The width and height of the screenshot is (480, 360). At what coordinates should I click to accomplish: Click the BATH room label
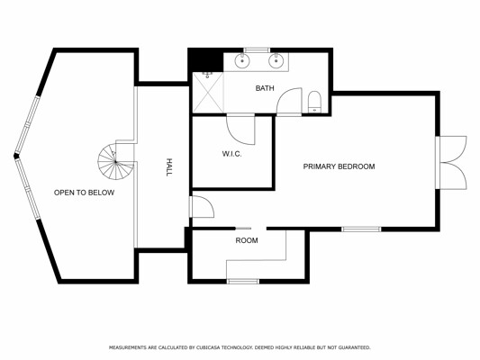coord(265,88)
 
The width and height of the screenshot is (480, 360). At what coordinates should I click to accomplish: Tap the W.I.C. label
coord(231,154)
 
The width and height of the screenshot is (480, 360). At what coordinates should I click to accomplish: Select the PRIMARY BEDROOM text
coord(339,166)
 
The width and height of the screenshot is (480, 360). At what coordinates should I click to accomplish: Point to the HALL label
coord(168,167)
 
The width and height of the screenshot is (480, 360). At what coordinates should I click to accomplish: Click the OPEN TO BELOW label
coord(84,193)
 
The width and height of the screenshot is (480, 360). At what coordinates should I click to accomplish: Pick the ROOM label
coord(247,240)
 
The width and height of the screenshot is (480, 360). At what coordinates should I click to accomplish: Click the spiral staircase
coord(115,161)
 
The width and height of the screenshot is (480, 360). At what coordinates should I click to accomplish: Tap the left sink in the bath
coord(242,60)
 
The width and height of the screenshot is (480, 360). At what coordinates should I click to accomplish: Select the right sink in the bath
coord(276,60)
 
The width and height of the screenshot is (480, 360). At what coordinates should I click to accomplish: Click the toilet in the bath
coord(314,102)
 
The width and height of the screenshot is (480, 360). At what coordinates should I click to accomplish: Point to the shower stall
coord(208,92)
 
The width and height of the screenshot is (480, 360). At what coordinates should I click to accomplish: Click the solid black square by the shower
coord(205,59)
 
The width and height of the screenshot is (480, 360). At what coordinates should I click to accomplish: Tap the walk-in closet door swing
coord(240,129)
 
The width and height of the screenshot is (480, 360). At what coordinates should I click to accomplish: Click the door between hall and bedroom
coord(202,207)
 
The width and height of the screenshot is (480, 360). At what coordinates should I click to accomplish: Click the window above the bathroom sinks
coord(258,49)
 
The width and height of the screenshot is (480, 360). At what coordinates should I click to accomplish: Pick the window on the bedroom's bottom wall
coord(361,229)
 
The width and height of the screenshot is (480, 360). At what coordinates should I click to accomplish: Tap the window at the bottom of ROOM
coord(243,282)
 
